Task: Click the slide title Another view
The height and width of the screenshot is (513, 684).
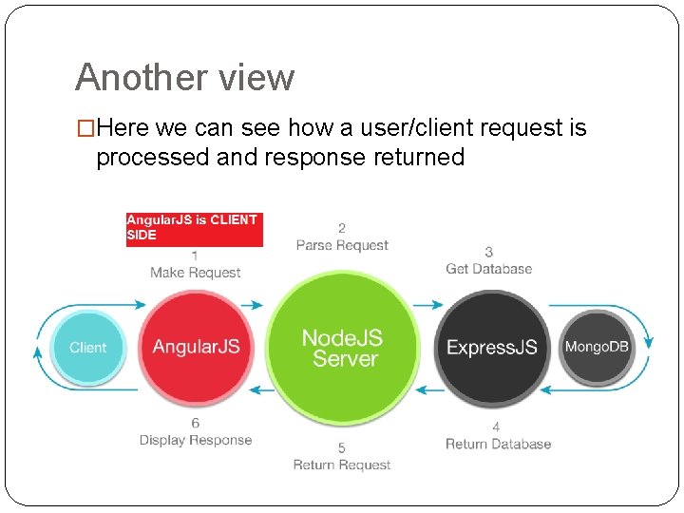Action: click(184, 77)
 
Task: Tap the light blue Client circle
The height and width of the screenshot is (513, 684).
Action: click(87, 348)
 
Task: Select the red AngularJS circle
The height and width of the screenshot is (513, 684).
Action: click(196, 347)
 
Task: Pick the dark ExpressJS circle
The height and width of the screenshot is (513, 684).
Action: click(491, 348)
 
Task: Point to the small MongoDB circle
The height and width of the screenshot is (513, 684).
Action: click(597, 347)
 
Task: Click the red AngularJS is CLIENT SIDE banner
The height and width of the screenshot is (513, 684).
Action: click(194, 227)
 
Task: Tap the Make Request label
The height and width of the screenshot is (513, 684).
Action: click(195, 273)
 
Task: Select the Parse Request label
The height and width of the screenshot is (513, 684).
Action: click(342, 245)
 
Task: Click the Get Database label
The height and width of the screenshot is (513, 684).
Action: click(488, 269)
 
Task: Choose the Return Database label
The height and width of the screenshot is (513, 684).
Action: click(498, 444)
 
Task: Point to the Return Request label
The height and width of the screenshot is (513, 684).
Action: click(342, 465)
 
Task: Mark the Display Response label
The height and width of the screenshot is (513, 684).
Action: click(195, 440)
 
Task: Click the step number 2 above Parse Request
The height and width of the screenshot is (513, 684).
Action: click(342, 228)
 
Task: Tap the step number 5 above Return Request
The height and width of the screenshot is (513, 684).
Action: click(342, 447)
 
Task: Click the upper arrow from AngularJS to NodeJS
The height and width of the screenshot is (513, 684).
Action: click(252, 305)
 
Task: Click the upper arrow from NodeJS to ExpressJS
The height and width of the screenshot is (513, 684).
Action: click(430, 305)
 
